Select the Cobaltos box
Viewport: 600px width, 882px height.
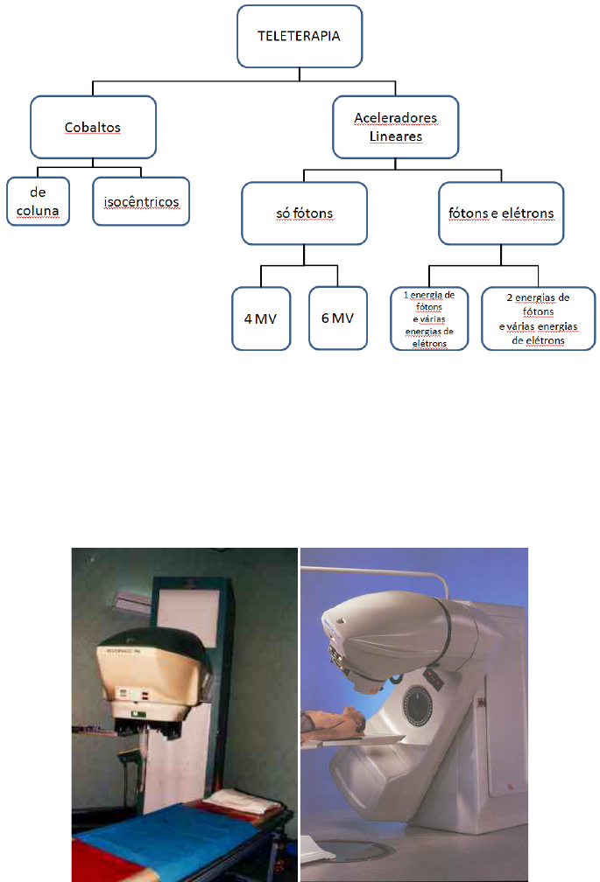[93, 127]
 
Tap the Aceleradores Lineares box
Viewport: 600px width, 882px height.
[397, 127]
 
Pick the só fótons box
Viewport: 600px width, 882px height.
[303, 213]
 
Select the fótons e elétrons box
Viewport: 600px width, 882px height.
[501, 213]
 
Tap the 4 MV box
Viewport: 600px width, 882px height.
[260, 318]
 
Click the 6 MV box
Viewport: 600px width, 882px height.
[337, 318]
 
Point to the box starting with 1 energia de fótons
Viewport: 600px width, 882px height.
[429, 319]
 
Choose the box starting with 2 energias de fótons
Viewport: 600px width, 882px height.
[539, 319]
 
